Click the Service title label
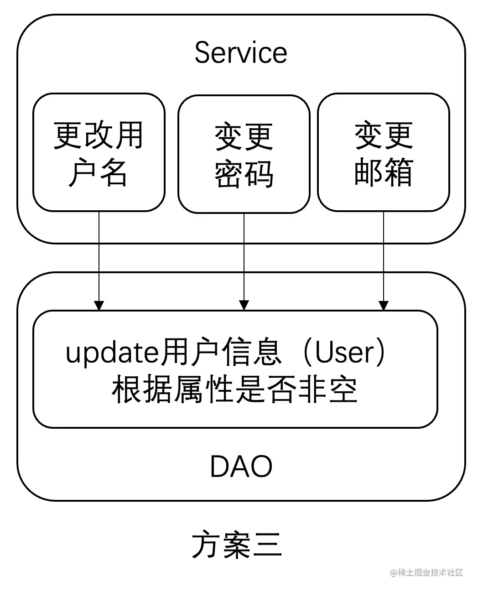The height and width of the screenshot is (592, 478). click(240, 52)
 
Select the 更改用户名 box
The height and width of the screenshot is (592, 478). click(99, 152)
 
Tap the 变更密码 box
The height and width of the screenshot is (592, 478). click(244, 154)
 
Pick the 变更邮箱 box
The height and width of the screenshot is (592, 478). click(383, 152)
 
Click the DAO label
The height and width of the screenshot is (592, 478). click(241, 467)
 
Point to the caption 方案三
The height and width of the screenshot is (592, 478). click(236, 545)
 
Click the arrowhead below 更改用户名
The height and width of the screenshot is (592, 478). click(99, 305)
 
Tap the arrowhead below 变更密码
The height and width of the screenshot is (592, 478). click(244, 305)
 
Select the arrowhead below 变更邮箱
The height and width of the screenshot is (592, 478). click(384, 305)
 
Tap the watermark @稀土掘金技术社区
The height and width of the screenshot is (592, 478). click(426, 572)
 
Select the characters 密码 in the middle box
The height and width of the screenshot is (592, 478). click(244, 174)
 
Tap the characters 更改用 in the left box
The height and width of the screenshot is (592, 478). click(99, 135)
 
